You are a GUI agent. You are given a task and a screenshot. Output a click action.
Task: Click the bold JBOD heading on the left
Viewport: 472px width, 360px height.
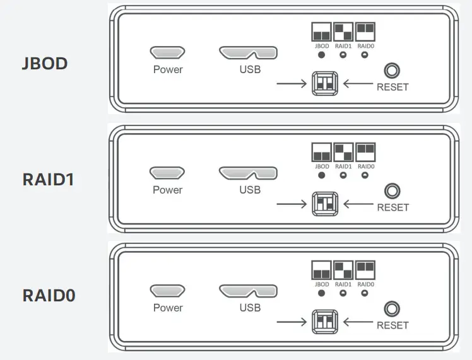(44, 64)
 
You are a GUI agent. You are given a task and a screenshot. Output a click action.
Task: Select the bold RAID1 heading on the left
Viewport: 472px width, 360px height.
(49, 179)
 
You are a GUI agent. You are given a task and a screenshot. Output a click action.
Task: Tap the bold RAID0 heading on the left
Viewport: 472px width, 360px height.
(49, 295)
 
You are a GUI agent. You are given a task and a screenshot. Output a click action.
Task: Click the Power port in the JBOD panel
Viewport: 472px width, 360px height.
(167, 52)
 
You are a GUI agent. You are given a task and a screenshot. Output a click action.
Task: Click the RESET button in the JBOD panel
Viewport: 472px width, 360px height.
(392, 71)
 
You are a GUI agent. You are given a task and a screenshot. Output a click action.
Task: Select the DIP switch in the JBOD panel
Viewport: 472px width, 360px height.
(325, 83)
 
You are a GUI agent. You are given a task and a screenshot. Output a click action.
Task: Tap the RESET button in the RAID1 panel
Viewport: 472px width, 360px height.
(392, 191)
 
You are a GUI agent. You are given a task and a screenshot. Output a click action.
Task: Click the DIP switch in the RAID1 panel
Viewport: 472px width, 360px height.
(325, 204)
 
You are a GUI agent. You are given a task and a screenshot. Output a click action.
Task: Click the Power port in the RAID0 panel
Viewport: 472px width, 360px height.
(167, 291)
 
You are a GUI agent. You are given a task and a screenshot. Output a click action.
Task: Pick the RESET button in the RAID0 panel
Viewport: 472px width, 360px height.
(392, 309)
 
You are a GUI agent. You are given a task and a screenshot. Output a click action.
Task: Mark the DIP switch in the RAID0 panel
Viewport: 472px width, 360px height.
(325, 322)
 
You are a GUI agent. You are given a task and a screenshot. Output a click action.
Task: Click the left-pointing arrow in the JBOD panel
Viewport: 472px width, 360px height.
(359, 83)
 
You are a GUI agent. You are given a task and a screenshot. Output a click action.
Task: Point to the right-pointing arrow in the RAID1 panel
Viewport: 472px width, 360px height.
(291, 204)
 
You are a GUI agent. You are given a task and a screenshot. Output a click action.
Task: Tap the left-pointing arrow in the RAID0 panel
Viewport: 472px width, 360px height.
(359, 322)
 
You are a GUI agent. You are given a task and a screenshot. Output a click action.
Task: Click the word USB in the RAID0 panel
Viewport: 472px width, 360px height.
(250, 308)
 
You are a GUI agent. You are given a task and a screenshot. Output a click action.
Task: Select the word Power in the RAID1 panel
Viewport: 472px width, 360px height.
(167, 190)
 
